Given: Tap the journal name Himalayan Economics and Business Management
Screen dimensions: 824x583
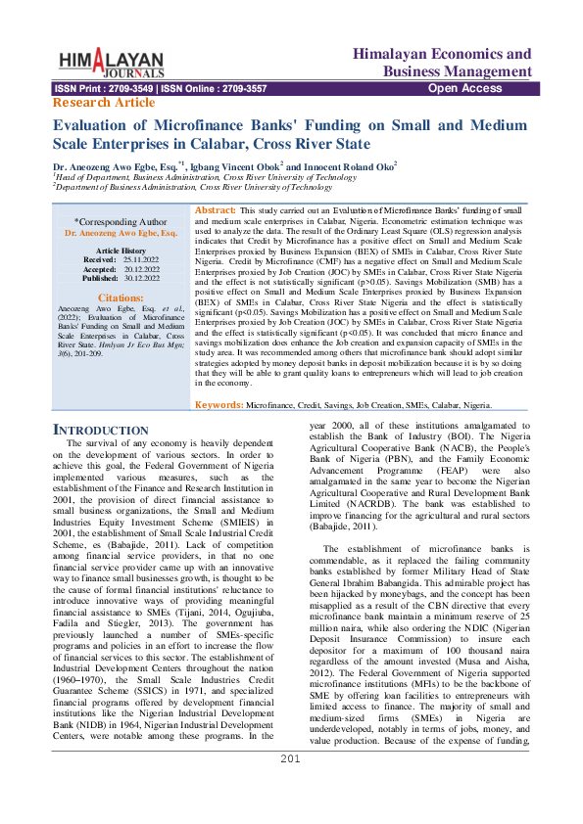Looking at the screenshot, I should pos(442,63).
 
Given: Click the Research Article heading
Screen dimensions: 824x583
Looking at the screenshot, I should pos(103,102).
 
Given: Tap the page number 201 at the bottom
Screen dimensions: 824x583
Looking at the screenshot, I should pos(290,786).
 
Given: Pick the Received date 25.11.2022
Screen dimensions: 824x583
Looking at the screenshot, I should pos(132,260).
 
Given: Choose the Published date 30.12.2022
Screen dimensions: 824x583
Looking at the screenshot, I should pos(134,278).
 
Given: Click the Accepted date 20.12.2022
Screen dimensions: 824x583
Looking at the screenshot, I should pos(133,269).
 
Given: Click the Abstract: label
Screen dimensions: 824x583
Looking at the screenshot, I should pos(216,210).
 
